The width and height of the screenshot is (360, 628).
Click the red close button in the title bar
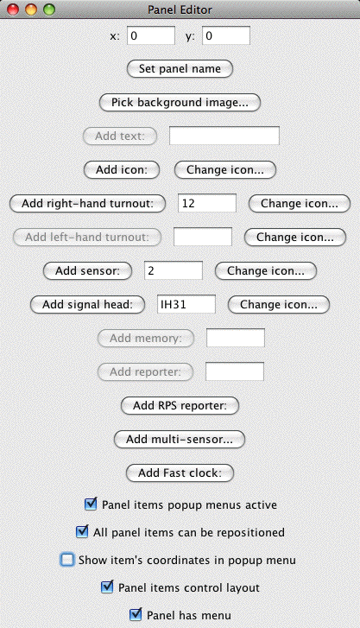click(x=13, y=10)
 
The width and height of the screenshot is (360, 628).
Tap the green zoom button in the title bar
click(x=49, y=10)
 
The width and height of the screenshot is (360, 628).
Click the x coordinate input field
click(x=151, y=35)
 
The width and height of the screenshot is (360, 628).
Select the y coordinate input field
click(x=226, y=35)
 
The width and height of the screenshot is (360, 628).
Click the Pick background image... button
click(x=180, y=103)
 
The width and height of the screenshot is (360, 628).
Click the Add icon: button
click(x=122, y=170)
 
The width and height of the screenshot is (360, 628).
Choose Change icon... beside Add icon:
click(x=225, y=170)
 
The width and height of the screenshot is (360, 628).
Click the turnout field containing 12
click(x=207, y=204)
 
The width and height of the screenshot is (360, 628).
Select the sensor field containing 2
click(x=174, y=270)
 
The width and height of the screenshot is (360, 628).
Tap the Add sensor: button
click(x=88, y=270)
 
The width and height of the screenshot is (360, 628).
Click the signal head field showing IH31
click(x=186, y=304)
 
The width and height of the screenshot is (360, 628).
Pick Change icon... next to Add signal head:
click(x=279, y=304)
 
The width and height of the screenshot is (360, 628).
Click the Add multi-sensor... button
click(x=180, y=439)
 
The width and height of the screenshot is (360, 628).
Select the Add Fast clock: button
click(x=180, y=473)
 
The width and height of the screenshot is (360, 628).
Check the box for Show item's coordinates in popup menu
click(x=67, y=560)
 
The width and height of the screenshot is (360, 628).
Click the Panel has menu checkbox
click(x=136, y=614)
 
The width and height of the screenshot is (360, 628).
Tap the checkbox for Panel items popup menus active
click(x=91, y=504)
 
